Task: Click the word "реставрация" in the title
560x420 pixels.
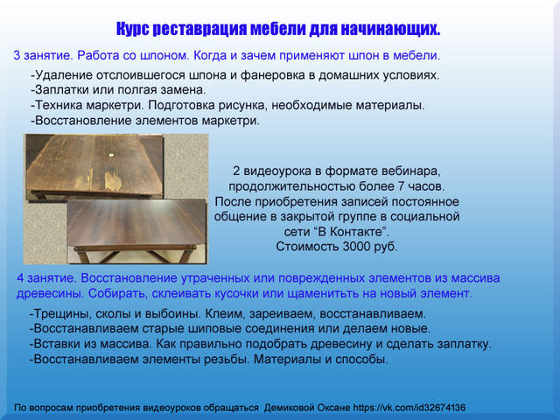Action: click(x=199, y=29)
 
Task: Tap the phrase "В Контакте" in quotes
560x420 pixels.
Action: click(x=352, y=232)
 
